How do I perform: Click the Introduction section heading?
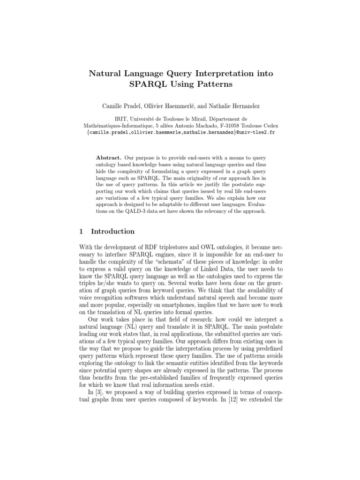click(x=112, y=232)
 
